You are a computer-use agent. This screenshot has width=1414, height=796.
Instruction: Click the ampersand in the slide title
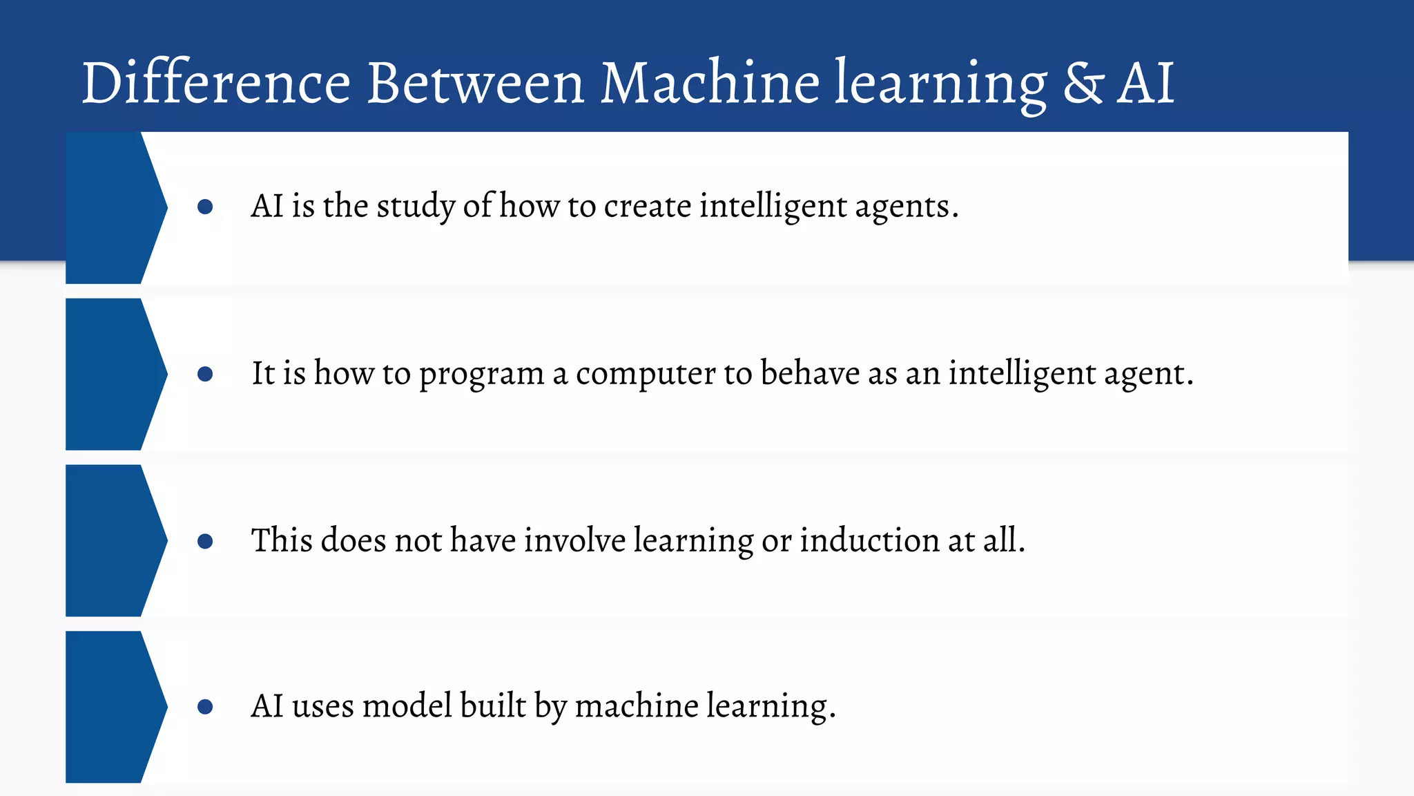1083,84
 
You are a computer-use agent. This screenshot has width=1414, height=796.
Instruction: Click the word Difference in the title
216,84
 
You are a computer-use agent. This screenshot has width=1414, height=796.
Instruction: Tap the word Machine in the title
710,84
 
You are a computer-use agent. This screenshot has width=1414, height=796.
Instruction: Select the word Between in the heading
476,84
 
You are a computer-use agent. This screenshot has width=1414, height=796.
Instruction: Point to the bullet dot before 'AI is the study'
205,207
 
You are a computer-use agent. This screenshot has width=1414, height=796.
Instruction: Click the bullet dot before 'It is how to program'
205,374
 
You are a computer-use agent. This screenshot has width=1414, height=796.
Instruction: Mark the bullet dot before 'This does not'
205,541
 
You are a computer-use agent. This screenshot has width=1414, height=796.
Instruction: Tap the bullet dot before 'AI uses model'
205,707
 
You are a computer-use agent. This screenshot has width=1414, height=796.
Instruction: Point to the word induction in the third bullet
869,540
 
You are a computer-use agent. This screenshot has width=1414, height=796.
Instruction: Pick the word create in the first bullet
647,207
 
